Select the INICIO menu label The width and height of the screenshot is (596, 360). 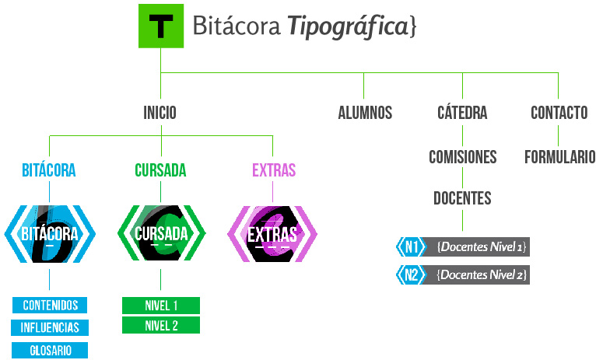[160, 113]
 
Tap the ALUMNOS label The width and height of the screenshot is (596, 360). [365, 113]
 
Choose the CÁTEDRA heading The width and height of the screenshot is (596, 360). [462, 113]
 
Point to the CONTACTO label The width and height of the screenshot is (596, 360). [559, 113]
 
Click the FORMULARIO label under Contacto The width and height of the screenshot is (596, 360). [559, 157]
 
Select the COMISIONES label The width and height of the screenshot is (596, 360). [462, 157]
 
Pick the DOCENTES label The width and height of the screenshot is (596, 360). [462, 198]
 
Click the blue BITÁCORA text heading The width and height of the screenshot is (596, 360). [49, 170]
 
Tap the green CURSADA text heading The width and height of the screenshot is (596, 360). [160, 170]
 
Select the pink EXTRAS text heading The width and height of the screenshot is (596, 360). [274, 170]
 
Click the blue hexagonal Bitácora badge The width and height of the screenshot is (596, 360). [50, 232]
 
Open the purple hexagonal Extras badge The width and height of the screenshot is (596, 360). [272, 232]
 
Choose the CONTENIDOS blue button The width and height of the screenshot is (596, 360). [50, 305]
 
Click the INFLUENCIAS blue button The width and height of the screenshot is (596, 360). [50, 327]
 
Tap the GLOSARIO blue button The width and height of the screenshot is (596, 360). [50, 351]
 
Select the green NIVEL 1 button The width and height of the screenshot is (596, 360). [161, 305]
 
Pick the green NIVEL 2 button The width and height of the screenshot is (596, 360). [161, 325]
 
